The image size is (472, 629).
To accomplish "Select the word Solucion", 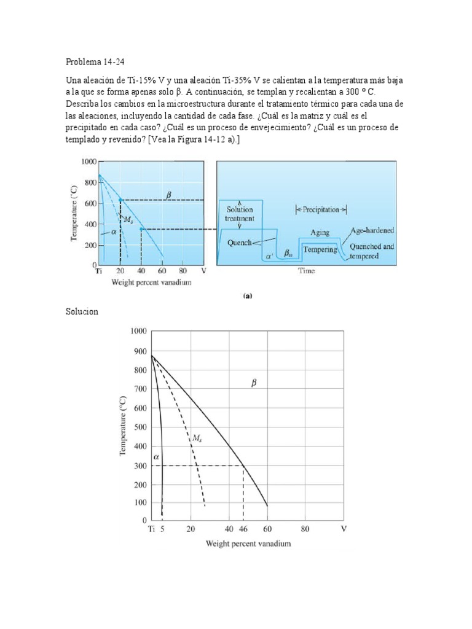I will coord(82,311).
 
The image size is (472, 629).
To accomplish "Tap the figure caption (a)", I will coord(247,295).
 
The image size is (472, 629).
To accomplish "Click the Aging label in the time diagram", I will coord(320,233).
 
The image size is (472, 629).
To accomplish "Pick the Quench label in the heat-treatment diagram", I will coord(239,243).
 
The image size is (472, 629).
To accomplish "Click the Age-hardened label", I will coord(372,231).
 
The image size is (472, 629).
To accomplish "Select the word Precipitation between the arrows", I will coord(321,209).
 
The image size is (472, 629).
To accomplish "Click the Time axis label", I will coord(307,271).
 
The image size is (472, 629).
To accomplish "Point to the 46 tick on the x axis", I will coord(243,529).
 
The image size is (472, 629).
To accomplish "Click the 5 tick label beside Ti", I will coord(162,529).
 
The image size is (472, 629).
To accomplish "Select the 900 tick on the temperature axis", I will coord(139,351).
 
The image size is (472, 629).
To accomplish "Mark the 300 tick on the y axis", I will coord(139,465).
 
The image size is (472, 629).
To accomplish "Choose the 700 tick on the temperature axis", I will coord(139,389).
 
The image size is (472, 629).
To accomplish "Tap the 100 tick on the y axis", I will coord(139,502).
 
